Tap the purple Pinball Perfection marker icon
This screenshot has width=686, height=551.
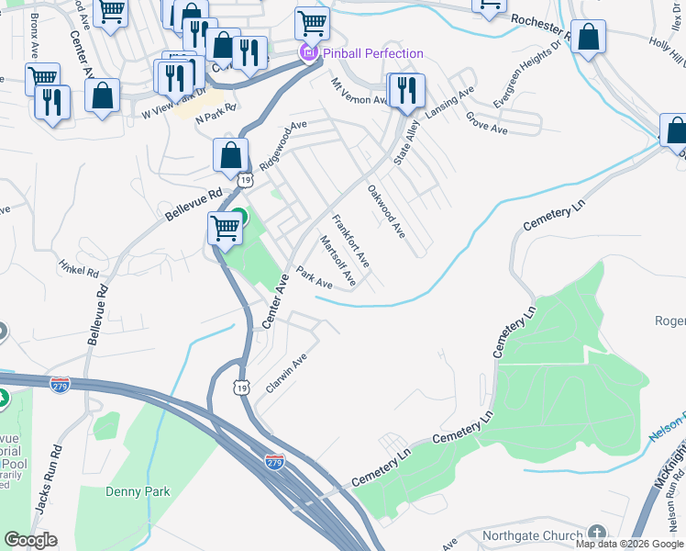(x=309, y=54)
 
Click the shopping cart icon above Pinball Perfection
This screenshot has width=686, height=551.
(x=312, y=22)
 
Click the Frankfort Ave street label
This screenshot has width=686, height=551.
(x=350, y=241)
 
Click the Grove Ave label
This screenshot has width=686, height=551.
(x=486, y=124)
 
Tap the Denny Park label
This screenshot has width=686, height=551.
(x=138, y=492)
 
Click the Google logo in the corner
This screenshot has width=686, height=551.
(x=30, y=540)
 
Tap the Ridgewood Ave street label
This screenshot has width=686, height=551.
(x=282, y=145)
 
